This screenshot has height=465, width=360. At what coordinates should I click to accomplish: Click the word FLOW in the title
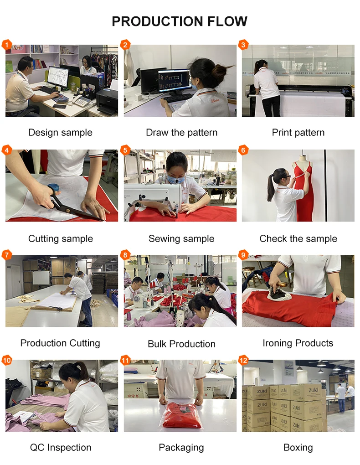click(x=227, y=21)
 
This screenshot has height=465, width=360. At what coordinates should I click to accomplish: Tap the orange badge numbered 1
click(x=6, y=45)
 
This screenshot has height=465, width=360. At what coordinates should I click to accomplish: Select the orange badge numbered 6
click(x=243, y=150)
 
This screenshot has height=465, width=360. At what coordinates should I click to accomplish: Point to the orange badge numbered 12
click(x=243, y=360)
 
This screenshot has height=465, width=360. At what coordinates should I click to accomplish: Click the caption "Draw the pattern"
click(x=181, y=133)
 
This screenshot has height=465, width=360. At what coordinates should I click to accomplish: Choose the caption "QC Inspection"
click(x=61, y=448)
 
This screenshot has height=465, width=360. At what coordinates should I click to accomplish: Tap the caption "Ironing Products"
click(x=298, y=343)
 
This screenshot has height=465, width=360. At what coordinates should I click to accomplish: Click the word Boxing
click(x=298, y=448)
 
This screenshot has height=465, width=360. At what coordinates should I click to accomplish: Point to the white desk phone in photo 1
click(x=81, y=101)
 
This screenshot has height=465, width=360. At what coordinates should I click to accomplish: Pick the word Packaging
click(x=181, y=448)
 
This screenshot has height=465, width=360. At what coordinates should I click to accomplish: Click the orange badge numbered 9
click(x=243, y=255)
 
